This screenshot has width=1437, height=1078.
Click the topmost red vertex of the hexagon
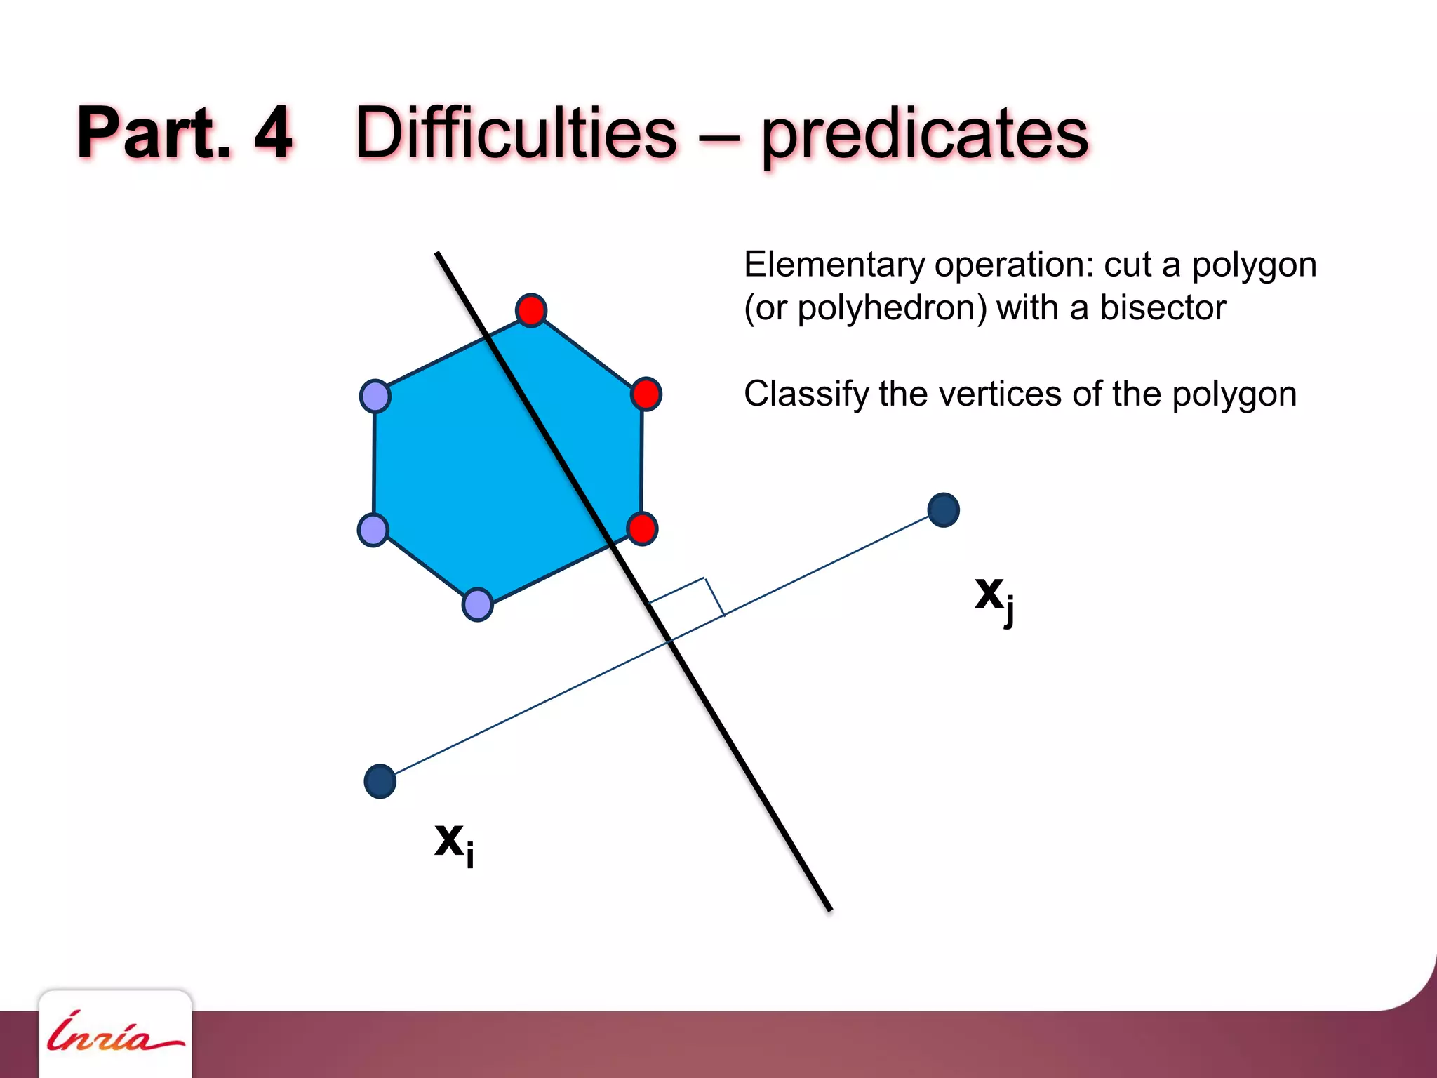tap(531, 310)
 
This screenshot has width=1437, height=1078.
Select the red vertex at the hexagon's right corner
tap(646, 394)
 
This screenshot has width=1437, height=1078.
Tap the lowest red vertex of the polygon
tap(642, 528)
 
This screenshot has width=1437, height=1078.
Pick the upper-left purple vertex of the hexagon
tap(375, 397)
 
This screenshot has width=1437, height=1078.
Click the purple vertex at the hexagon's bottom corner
tap(478, 604)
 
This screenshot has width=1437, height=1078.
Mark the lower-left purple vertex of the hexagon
tap(373, 530)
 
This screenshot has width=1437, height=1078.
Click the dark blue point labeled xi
tap(380, 781)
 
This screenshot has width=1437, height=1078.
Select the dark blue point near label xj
tap(943, 510)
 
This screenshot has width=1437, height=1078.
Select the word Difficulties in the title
tap(516, 133)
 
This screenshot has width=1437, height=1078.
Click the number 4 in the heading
tap(272, 133)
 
